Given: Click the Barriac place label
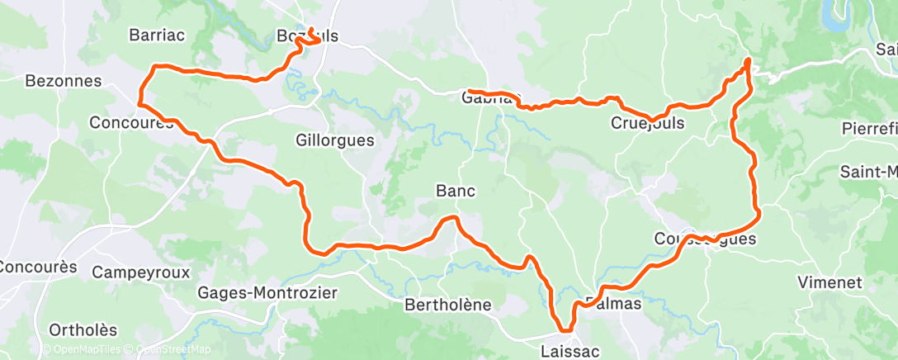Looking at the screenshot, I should [157, 35].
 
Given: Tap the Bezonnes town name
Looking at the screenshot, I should [63, 81].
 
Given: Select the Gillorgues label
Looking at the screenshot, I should [334, 140].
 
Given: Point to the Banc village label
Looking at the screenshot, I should [455, 191].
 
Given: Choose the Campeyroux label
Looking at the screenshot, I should [141, 272].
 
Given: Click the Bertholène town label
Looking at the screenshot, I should [447, 305].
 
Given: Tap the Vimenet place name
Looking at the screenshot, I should [829, 282].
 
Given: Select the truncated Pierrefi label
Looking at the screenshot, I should [869, 129].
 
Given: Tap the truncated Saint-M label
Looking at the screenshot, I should [868, 172].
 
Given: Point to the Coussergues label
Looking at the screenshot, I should [692, 239].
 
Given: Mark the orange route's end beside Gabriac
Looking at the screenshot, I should [469, 90].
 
